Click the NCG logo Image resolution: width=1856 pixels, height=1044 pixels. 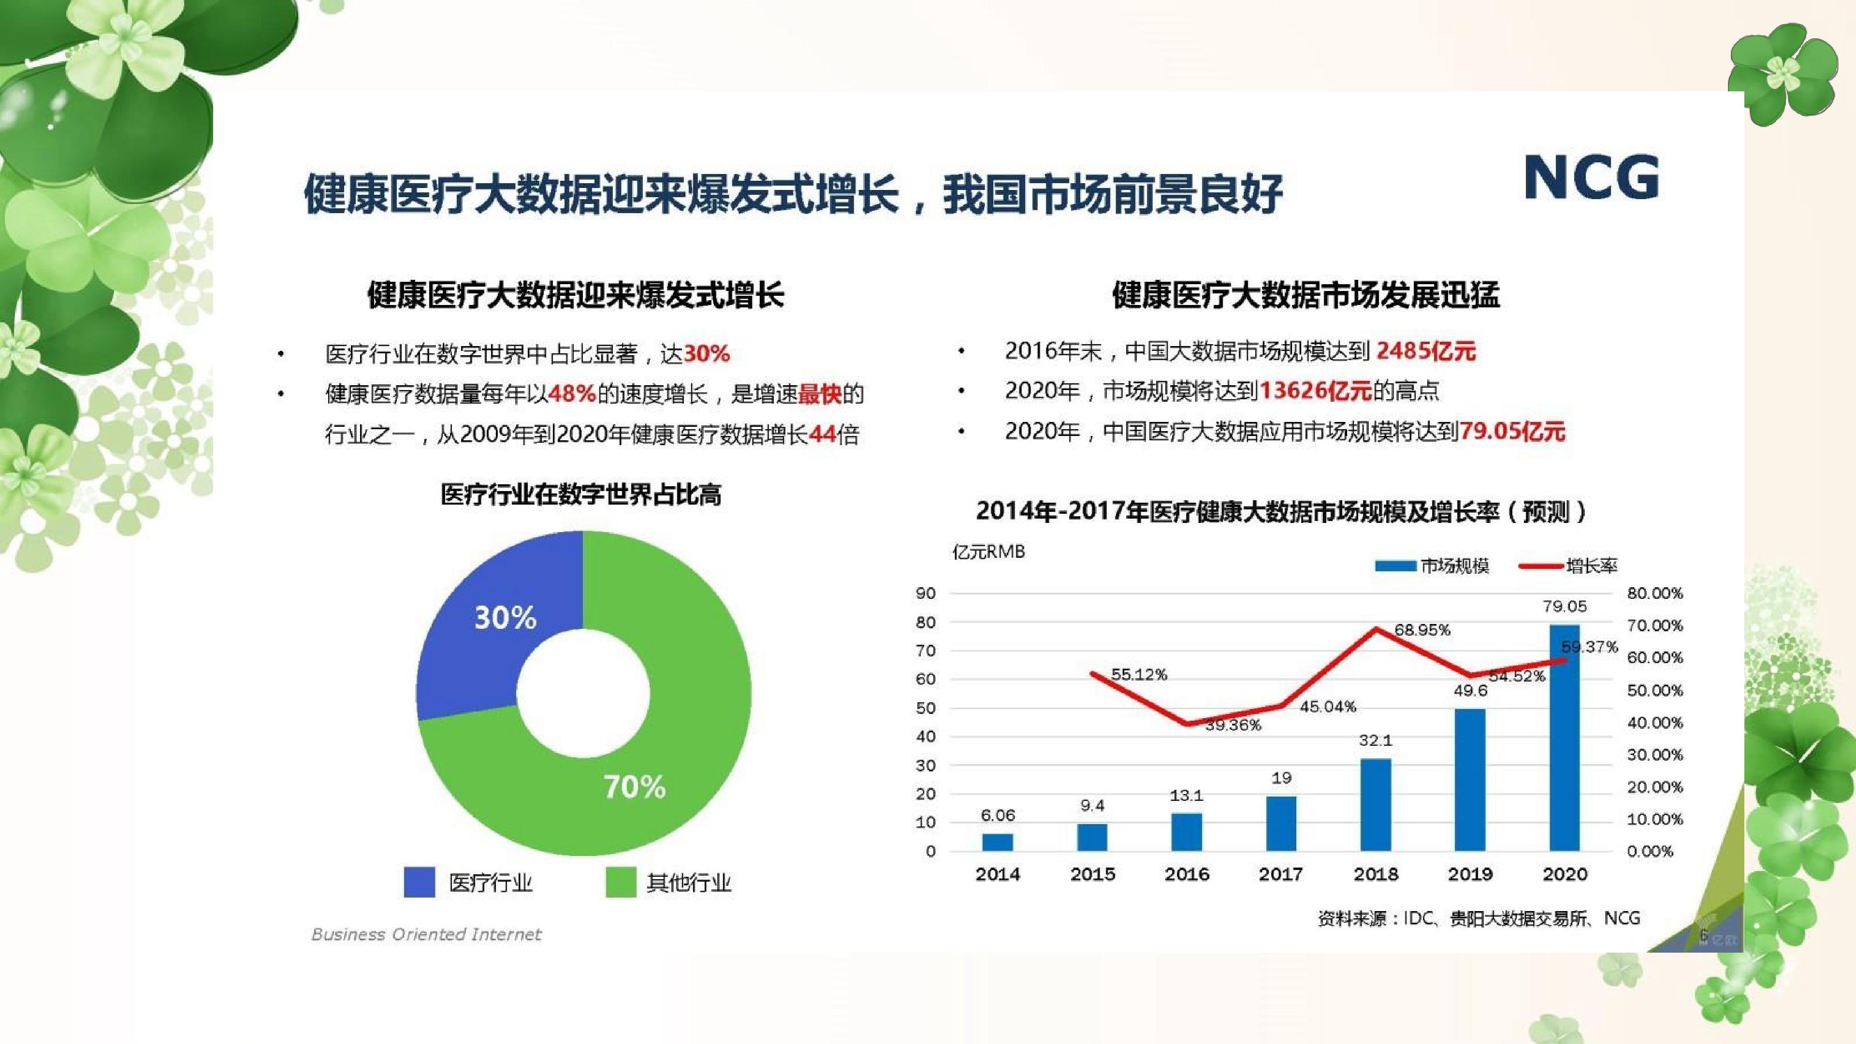point(1592,177)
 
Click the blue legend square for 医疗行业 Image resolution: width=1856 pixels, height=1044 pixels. point(420,882)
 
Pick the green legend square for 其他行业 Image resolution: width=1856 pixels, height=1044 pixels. point(620,882)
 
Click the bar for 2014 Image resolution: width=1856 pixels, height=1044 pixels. point(998,842)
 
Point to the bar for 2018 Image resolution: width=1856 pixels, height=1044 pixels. point(1376,805)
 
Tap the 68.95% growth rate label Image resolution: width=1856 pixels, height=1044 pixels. point(1421,630)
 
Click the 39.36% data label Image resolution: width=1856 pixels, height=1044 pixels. point(1233,725)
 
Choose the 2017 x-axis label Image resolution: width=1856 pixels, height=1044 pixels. point(1281,874)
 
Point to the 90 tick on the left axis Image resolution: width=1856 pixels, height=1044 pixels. point(926,593)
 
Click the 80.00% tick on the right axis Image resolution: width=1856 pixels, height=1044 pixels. point(1655,593)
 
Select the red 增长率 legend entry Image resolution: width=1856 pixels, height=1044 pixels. point(1568,565)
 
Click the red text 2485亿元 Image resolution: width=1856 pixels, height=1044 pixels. point(1426,351)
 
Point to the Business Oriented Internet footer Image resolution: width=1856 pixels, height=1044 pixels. point(426,934)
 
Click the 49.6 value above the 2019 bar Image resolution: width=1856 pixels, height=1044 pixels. point(1470,690)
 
